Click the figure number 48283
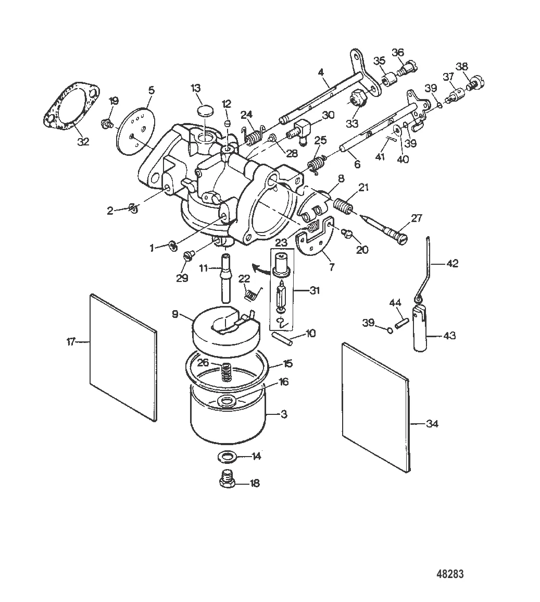click(450, 573)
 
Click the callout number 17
click(71, 341)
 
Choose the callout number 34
click(432, 424)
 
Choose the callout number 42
click(452, 263)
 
